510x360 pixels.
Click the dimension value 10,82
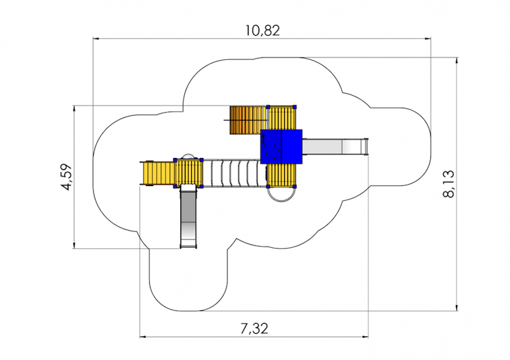(261, 29)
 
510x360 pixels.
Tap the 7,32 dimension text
(254, 329)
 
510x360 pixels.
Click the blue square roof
(281, 147)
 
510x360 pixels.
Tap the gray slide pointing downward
(189, 217)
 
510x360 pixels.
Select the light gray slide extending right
(334, 147)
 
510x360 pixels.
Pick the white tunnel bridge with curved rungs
(233, 173)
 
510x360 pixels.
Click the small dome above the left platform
(188, 156)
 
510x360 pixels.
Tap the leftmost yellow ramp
(157, 173)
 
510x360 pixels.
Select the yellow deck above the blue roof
(282, 118)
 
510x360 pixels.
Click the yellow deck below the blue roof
(282, 175)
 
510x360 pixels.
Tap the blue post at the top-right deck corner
(295, 106)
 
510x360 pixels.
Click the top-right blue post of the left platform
(201, 159)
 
